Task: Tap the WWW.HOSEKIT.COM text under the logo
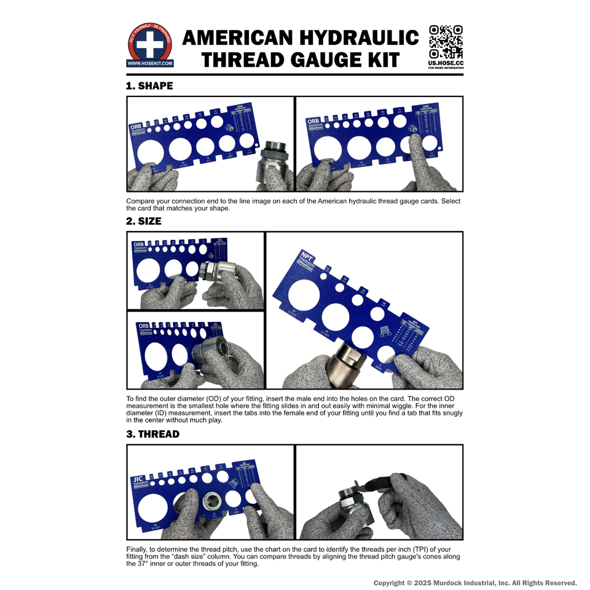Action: (x=150, y=63)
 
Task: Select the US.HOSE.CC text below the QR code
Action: (x=446, y=63)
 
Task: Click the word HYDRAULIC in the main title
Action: (x=358, y=38)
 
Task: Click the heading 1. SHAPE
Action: (x=149, y=86)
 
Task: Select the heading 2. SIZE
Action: (x=144, y=221)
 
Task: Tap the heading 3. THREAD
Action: (x=152, y=434)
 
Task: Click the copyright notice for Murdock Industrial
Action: (x=475, y=583)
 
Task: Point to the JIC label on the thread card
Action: (x=137, y=479)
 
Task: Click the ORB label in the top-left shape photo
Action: (x=135, y=127)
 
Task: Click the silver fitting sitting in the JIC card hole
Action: (x=213, y=501)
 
